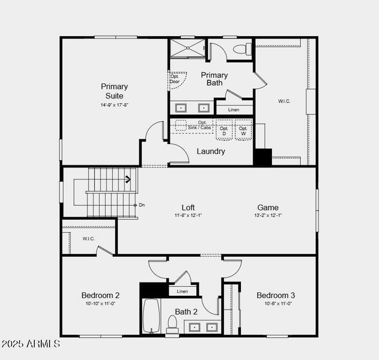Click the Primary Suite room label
114,91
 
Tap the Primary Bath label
214,79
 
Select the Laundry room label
211,151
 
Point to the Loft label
188,208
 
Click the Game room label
268,208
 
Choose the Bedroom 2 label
100,295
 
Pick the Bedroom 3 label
276,295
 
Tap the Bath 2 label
186,311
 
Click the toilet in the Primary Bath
241,49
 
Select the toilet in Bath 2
172,323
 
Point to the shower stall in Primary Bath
187,48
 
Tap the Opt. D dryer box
224,130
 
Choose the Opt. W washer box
243,130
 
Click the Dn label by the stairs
142,205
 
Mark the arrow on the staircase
128,178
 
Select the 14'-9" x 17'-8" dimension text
114,105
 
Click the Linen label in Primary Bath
234,110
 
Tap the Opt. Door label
175,79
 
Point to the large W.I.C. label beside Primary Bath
284,101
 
